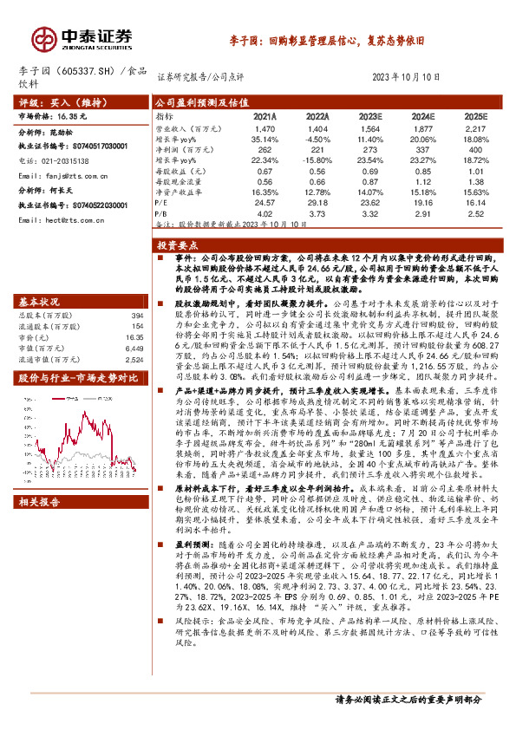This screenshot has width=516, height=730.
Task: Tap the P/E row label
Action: (x=162, y=202)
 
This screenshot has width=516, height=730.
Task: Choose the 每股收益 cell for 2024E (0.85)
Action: (x=422, y=170)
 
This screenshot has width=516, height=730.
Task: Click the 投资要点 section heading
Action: (x=193, y=247)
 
